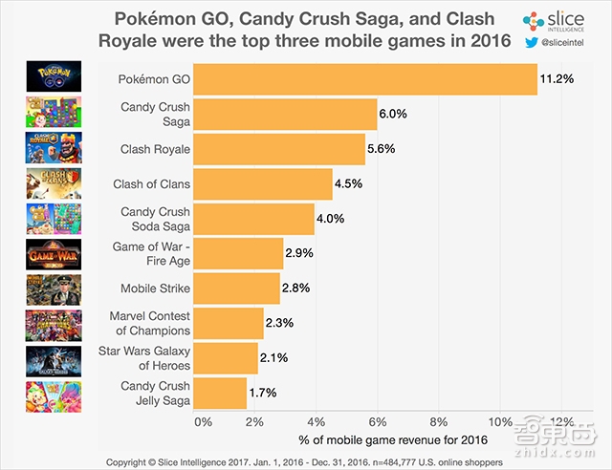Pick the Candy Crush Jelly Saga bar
220,392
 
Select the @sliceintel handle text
572,43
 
